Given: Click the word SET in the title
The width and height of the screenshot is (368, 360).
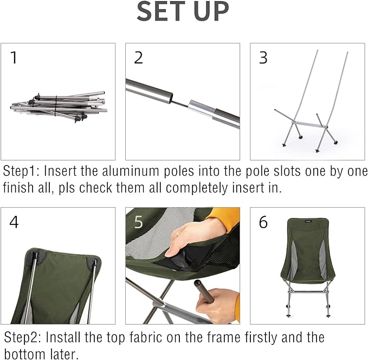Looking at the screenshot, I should point(165,11).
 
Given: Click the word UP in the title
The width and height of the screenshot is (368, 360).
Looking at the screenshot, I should point(212,11).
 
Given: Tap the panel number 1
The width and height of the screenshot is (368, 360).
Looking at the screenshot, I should point(14,58).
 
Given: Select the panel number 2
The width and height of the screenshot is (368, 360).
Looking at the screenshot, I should point(138,58).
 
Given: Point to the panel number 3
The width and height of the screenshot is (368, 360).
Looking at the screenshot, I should point(263,58).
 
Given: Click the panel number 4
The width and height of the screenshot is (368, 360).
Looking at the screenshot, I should point(14,222).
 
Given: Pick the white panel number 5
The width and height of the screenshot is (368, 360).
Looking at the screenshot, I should point(138,222).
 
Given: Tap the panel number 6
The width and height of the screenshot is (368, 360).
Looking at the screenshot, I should point(263,222).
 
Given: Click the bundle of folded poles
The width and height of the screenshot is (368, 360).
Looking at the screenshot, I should point(59,104).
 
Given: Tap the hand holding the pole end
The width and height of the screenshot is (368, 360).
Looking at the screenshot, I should point(222,304).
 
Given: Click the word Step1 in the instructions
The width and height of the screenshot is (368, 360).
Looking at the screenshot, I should point(21,172).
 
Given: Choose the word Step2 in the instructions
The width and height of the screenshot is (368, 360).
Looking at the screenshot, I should point(21,337).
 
